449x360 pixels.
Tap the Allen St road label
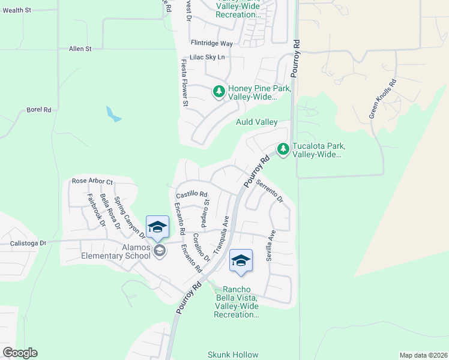click(x=80, y=49)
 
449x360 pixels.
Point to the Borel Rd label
click(x=39, y=110)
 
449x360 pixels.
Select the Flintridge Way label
click(x=211, y=43)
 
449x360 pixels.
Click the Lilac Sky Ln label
click(x=206, y=57)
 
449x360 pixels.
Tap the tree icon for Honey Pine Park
click(x=219, y=92)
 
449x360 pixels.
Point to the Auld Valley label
click(x=256, y=122)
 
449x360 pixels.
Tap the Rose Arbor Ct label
click(x=92, y=181)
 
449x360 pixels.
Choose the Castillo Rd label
click(x=191, y=194)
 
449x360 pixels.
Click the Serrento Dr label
click(x=270, y=191)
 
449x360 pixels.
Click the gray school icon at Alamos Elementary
click(x=159, y=250)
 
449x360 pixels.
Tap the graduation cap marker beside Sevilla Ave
click(x=241, y=261)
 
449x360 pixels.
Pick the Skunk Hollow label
click(x=233, y=355)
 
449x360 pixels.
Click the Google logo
click(x=20, y=353)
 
